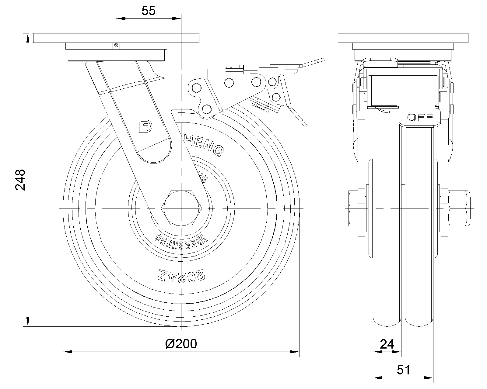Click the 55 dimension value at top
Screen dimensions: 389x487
pos(149,11)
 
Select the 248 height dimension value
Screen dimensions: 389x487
pos(20,180)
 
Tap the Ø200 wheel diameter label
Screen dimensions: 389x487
pos(181,344)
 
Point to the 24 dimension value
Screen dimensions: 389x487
pos(387,344)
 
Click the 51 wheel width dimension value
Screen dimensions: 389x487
pos(404,370)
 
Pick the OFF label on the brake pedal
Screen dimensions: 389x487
pos(420,117)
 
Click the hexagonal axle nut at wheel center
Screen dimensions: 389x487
pos(181,208)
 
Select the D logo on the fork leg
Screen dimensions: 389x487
pos(144,126)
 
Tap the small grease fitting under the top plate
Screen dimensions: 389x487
pos(116,46)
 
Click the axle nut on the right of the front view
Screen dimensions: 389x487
pos(459,208)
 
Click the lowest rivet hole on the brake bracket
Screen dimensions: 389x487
pos(207,108)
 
